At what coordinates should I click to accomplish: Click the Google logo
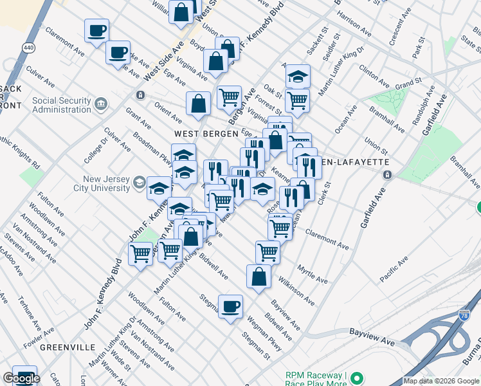21,378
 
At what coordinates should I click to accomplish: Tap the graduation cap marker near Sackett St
298,76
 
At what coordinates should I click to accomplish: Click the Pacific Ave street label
394,270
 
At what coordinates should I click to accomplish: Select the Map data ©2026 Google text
441,381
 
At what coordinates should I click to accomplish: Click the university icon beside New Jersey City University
139,184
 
